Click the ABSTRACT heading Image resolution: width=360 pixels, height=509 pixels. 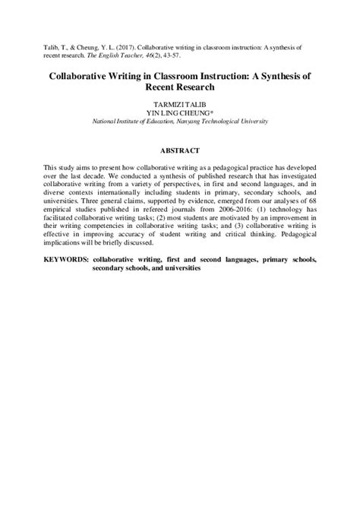point(179,150)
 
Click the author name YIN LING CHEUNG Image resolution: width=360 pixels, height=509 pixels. point(179,112)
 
